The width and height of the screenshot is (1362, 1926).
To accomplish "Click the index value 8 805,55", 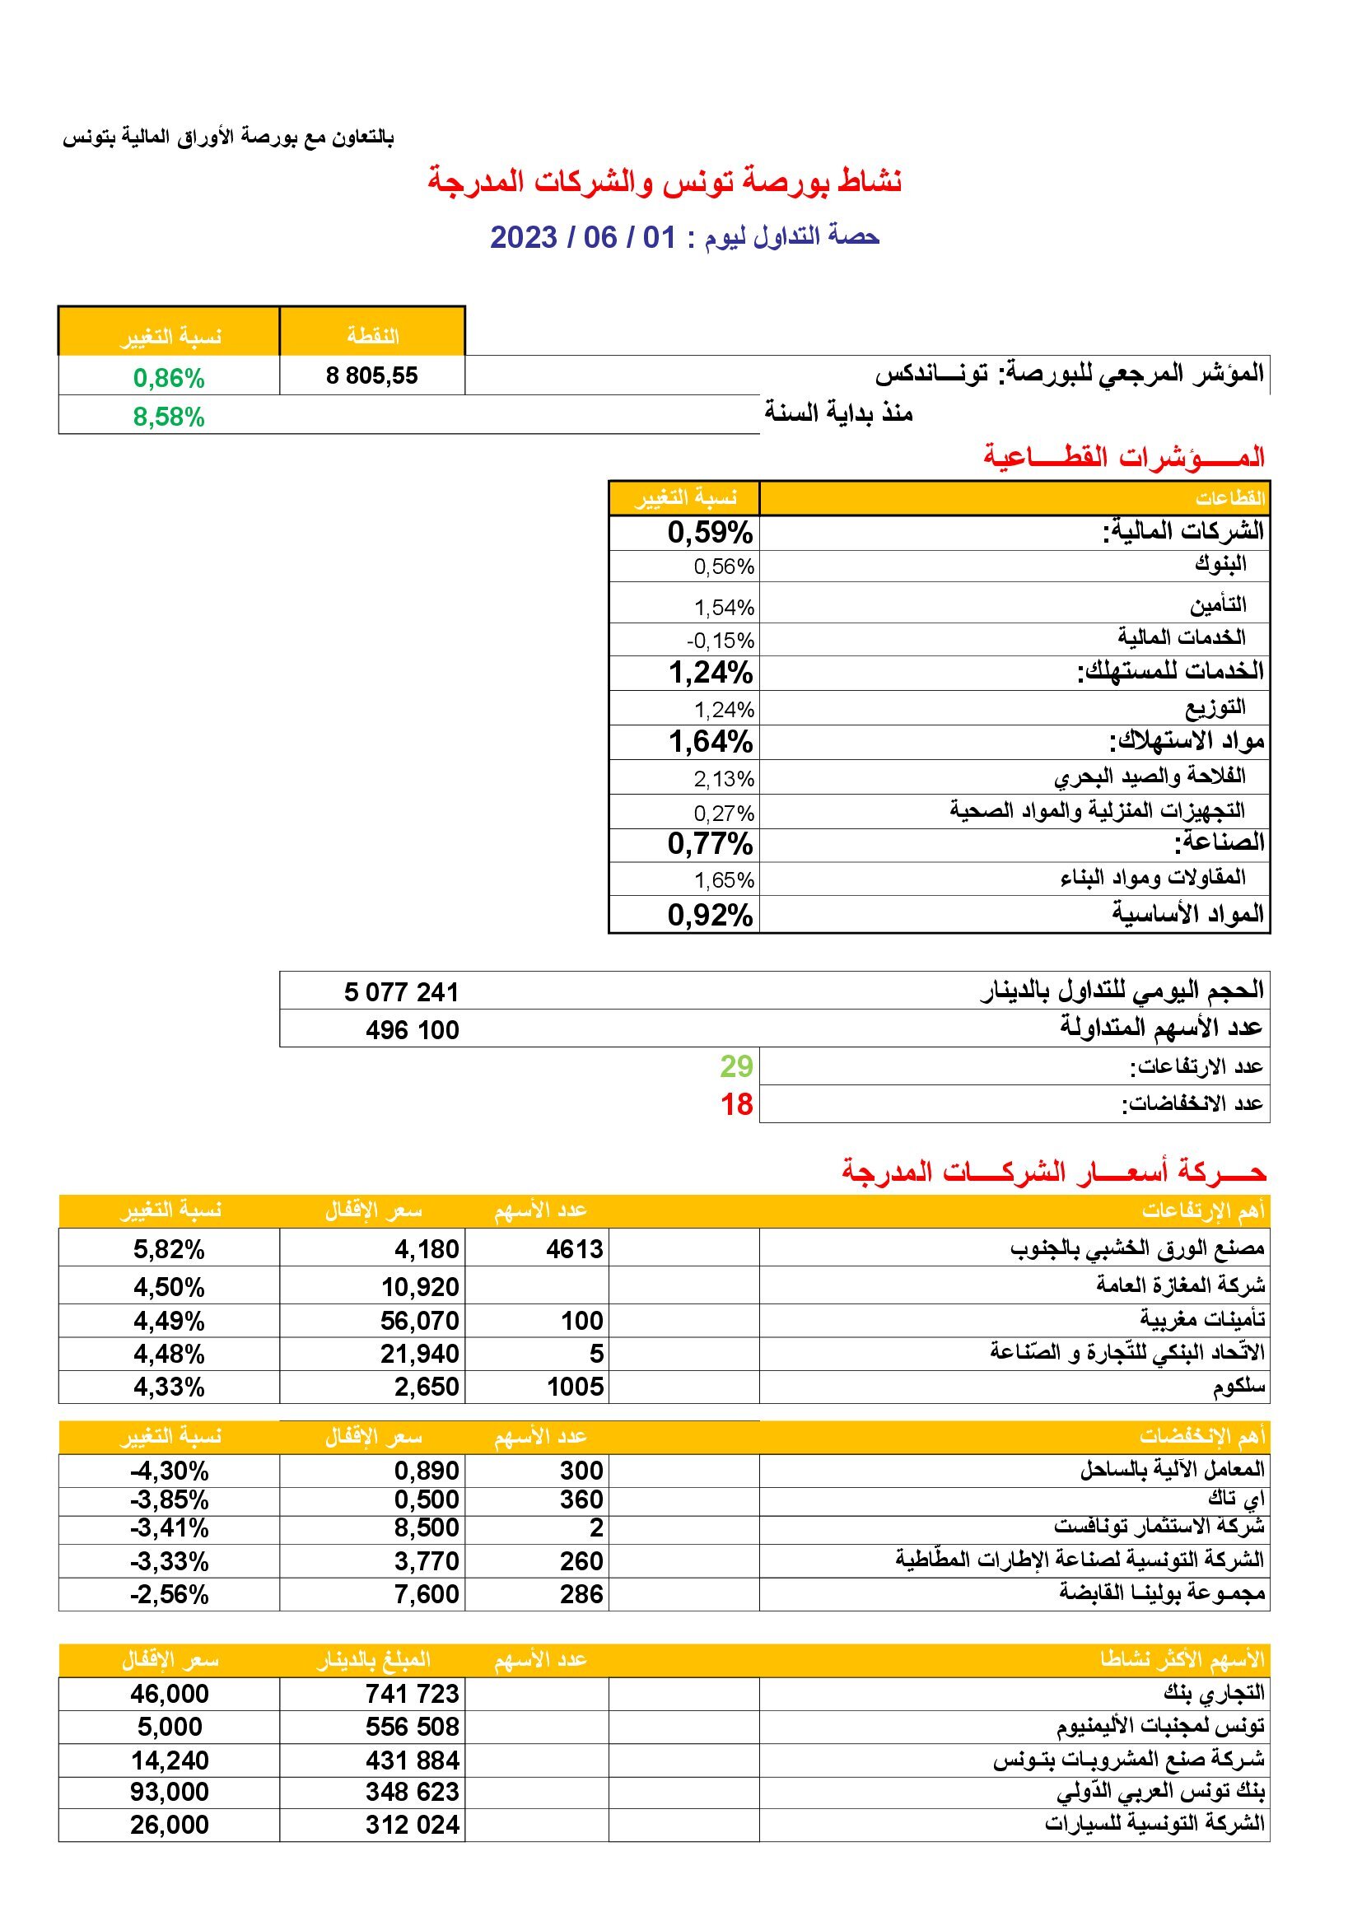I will click(x=371, y=375).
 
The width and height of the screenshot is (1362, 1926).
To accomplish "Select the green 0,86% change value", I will click(x=169, y=378).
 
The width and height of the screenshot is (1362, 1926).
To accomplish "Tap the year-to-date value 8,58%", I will click(x=169, y=417).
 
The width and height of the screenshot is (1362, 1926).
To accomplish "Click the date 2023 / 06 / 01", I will click(x=582, y=237).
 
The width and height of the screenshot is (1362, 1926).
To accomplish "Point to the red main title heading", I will click(x=665, y=182).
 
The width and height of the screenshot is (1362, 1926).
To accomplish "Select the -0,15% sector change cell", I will click(x=721, y=641).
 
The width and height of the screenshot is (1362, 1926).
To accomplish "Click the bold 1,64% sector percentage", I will click(x=711, y=742).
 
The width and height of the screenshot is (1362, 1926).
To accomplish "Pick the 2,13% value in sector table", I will click(x=724, y=779).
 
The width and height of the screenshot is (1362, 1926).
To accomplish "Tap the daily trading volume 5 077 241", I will click(x=401, y=992).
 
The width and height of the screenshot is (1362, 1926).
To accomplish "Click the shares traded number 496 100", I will click(x=412, y=1030).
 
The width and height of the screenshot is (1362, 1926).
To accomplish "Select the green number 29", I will click(x=736, y=1066).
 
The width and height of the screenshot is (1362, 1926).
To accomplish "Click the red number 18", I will click(x=736, y=1104).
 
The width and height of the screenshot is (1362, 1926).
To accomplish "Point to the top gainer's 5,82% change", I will click(x=169, y=1250).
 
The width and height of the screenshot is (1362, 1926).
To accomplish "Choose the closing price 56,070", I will click(x=419, y=1321).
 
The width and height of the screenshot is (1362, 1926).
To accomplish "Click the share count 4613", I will click(x=575, y=1250).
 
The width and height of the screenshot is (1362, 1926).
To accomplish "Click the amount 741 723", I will click(x=412, y=1694).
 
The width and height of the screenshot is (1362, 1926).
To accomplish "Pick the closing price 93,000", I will click(x=169, y=1792).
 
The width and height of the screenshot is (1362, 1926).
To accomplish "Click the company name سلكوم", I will click(x=1238, y=1387).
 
